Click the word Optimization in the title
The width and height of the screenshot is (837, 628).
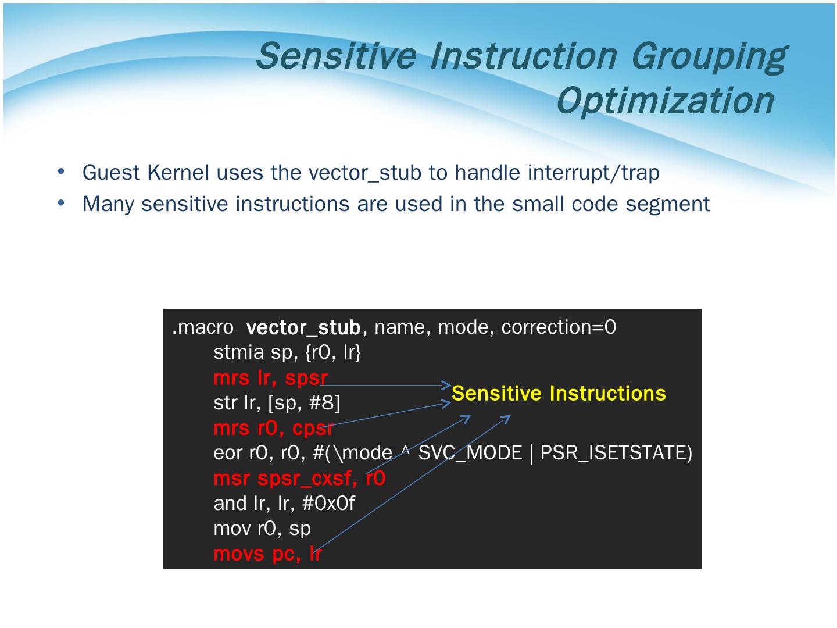pyautogui.click(x=666, y=100)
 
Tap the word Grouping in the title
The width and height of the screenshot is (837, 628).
pyautogui.click(x=709, y=56)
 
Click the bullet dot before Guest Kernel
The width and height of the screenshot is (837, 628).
pyautogui.click(x=61, y=172)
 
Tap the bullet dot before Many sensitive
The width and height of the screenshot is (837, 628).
pyautogui.click(x=61, y=203)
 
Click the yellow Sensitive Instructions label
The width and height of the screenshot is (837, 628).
pyautogui.click(x=559, y=393)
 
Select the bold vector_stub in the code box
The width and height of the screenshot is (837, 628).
pyautogui.click(x=303, y=327)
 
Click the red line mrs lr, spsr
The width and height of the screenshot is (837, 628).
pyautogui.click(x=270, y=378)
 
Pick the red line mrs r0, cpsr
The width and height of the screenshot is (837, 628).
pyautogui.click(x=273, y=428)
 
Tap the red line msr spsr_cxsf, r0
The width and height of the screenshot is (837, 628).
pyautogui.click(x=300, y=478)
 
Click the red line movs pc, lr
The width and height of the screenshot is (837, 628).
pyautogui.click(x=268, y=554)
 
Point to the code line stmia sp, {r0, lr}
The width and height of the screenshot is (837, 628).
pyautogui.click(x=287, y=352)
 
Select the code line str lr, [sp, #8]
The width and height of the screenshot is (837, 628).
pyautogui.click(x=277, y=402)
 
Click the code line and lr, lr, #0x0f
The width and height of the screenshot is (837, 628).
pyautogui.click(x=284, y=504)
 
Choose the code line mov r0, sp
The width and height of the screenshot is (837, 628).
pyautogui.click(x=262, y=529)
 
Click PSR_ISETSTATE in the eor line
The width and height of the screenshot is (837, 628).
pyautogui.click(x=616, y=453)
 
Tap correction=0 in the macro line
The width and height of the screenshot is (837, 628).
pyautogui.click(x=559, y=327)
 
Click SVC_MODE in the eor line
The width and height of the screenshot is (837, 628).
pyautogui.click(x=470, y=453)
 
